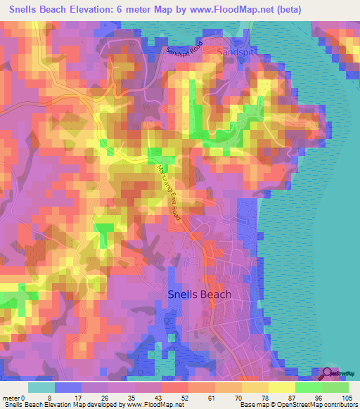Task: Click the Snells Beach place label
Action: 199,294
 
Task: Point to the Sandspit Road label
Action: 185,48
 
